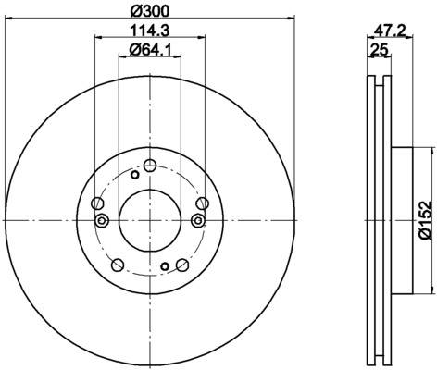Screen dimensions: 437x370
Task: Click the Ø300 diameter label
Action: coord(150,11)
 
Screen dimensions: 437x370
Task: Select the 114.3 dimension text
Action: coord(150,31)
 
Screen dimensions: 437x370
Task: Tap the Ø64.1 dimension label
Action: coord(150,49)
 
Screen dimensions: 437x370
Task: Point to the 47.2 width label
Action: coord(389,31)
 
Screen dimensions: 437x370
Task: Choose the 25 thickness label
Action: coord(379,49)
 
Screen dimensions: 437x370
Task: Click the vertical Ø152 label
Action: coord(425,220)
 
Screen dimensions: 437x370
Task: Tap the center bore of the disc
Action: coord(150,220)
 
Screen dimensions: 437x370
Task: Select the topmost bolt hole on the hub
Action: coord(150,166)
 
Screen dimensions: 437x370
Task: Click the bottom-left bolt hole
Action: coord(118,265)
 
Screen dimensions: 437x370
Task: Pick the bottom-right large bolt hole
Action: coord(182,265)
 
